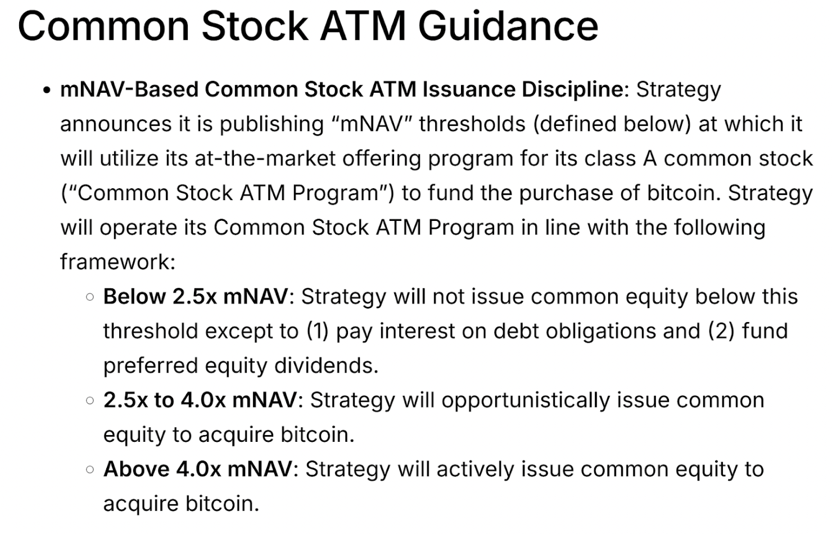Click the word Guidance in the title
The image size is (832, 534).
pos(508,26)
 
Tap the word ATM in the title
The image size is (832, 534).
pos(363,26)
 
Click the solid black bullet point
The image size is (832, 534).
pos(47,90)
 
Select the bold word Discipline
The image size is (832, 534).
pos(572,90)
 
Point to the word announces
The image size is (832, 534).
pos(116,124)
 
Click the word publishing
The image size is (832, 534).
pos(272,124)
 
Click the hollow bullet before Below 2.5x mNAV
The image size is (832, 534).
pos(89,297)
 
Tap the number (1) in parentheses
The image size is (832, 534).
pos(318,331)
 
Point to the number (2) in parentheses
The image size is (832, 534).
pos(721,331)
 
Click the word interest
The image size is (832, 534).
pos(417,331)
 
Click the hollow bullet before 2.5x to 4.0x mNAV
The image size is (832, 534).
pos(89,401)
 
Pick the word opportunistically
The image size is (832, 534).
pos(525,401)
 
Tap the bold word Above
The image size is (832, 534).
pos(137,469)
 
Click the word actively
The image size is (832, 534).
pos(475,470)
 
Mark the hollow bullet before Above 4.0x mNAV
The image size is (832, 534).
pos(89,470)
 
